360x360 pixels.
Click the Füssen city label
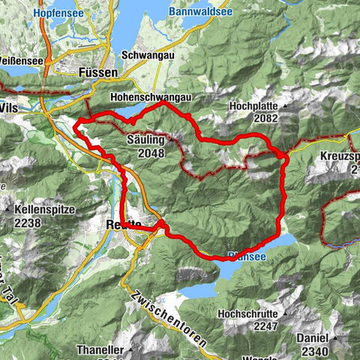[97, 73]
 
